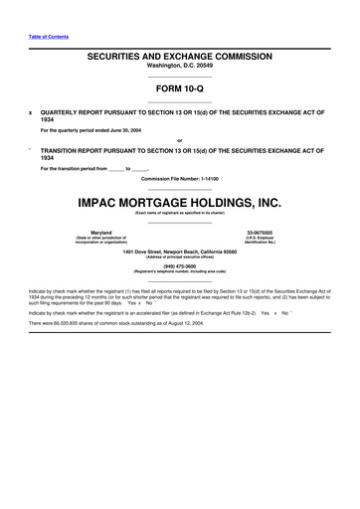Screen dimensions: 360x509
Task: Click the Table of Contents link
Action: pos(45,36)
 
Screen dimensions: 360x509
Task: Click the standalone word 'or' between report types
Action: pos(179,139)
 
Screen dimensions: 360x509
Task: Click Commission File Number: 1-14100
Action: pos(179,178)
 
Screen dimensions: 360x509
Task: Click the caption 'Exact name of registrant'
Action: pos(179,213)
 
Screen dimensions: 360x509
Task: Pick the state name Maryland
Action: pos(100,233)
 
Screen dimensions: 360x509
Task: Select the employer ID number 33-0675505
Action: pos(260,233)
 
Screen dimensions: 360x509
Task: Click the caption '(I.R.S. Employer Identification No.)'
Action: pos(260,242)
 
